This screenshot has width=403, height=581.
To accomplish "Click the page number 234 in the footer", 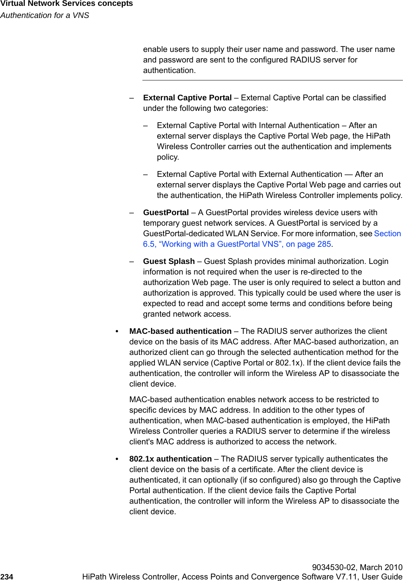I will point(7,577).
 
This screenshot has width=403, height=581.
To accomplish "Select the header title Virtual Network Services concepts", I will point(67,4).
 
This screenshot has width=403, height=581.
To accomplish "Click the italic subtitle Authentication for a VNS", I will point(45,15).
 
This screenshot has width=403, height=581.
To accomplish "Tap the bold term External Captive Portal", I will point(187,98).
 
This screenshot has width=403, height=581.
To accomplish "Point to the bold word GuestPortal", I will point(166,212).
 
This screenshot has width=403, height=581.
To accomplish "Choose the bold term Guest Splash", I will point(169,261).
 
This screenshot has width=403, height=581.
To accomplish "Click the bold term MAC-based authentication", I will point(180,331).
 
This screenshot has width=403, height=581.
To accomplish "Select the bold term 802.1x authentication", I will point(170,459).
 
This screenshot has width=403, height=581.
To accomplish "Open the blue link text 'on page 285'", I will point(309,244).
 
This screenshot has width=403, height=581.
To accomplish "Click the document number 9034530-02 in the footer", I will point(333,567).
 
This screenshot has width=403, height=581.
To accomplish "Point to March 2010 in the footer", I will point(381,567).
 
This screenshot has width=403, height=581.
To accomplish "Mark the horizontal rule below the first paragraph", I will point(272,80).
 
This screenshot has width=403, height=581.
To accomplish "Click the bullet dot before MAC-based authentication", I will point(117,331).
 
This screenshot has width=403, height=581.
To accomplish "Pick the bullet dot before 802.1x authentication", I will point(117,459).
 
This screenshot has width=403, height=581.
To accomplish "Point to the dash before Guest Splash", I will point(132,261).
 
